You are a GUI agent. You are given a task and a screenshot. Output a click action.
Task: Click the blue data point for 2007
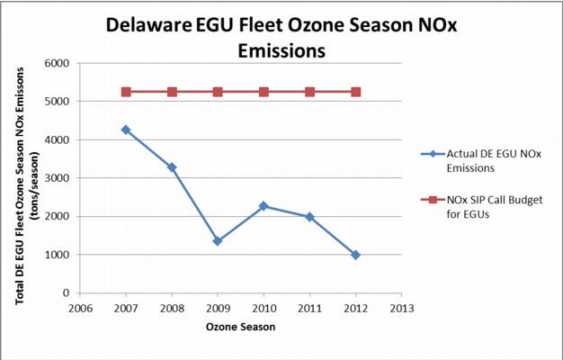click(x=126, y=130)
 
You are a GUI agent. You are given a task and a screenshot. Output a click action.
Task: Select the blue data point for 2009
click(x=218, y=241)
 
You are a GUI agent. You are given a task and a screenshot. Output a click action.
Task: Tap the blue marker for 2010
click(x=264, y=206)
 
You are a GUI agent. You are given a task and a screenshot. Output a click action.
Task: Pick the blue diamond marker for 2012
click(x=356, y=255)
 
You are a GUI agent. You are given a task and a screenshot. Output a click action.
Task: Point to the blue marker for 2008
click(x=172, y=167)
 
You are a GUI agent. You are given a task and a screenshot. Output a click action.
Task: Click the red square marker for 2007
click(x=126, y=92)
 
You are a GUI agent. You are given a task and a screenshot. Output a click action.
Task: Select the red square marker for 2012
click(x=356, y=92)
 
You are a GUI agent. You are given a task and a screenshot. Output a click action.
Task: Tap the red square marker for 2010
click(x=264, y=92)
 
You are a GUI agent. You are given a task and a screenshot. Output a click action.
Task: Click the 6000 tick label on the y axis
click(x=58, y=64)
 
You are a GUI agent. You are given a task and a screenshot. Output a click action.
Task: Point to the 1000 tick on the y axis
click(x=58, y=255)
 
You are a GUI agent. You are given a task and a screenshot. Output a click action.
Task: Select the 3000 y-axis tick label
click(x=58, y=178)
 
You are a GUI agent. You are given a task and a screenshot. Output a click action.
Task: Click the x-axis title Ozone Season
click(x=240, y=327)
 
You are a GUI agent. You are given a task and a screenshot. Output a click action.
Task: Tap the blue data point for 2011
click(x=309, y=217)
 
